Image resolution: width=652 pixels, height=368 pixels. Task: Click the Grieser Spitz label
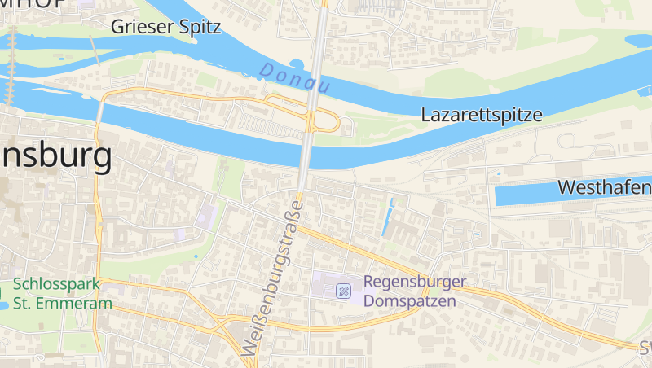point(166,27)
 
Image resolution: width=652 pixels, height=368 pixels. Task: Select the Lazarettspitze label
point(482,115)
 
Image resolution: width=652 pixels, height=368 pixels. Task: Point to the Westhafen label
point(604,187)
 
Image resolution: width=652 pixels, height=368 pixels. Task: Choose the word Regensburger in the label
point(415,282)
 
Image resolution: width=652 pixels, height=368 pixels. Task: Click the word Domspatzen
point(410,300)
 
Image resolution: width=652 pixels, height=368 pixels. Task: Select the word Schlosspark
point(55,284)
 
